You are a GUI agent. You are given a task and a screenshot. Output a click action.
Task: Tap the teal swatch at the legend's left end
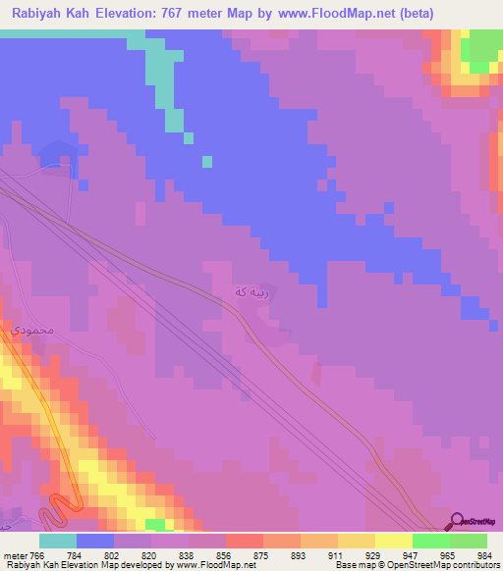[x=58, y=541]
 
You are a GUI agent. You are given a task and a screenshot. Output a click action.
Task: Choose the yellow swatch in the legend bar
[x=393, y=541]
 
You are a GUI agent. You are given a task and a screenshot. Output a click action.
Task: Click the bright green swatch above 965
[x=431, y=541]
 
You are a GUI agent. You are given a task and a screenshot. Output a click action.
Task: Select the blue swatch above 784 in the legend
[x=95, y=541]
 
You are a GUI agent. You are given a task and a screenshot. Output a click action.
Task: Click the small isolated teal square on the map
[x=206, y=162]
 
